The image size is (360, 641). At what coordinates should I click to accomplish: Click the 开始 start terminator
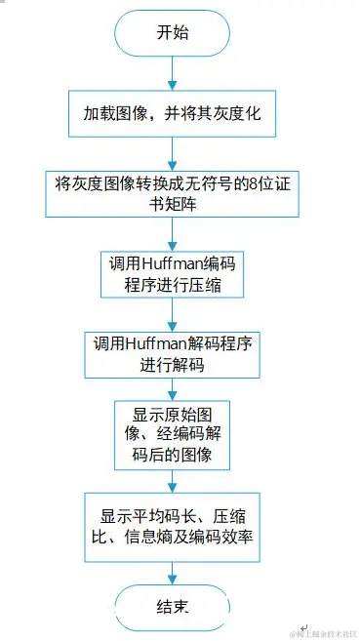point(173,31)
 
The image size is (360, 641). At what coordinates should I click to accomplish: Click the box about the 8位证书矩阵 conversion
point(174,193)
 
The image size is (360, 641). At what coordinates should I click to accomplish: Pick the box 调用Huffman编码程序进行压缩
point(173,273)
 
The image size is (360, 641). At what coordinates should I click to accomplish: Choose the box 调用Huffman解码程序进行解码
point(173,352)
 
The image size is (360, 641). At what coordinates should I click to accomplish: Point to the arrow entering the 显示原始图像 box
point(173,389)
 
